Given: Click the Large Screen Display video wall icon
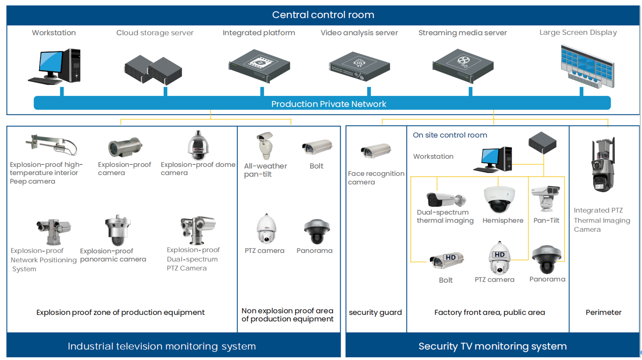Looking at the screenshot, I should coord(587,66).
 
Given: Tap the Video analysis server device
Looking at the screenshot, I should coord(359,66).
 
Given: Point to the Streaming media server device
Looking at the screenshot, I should coord(463,65).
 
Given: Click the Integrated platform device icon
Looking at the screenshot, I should coord(259,65).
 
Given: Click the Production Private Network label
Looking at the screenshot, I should coord(328,104).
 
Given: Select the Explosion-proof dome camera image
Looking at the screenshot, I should coord(198,146).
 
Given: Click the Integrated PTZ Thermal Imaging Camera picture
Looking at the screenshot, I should coord(603,165).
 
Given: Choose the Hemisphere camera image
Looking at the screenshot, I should coord(499,199).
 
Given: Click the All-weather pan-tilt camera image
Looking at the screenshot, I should coord(265,145).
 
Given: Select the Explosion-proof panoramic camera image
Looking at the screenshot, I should coord(117,230).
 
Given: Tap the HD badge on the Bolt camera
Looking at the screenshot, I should coord(450,257).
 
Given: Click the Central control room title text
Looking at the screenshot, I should coord(323,15).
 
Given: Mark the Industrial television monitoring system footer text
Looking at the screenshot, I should coord(161,346).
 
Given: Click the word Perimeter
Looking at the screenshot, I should coord(603,312).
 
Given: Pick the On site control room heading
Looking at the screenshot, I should coord(449,135).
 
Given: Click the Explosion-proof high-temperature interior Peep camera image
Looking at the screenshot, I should coord(52,144).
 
